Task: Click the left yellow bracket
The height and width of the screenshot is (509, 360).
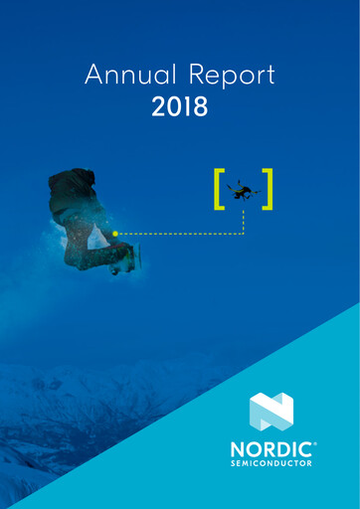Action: [x=219, y=190]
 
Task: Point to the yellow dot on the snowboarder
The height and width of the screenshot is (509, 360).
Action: [x=115, y=234]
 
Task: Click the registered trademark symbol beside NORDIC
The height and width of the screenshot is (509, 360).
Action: [x=314, y=443]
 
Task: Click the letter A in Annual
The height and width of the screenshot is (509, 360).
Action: [x=94, y=75]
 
